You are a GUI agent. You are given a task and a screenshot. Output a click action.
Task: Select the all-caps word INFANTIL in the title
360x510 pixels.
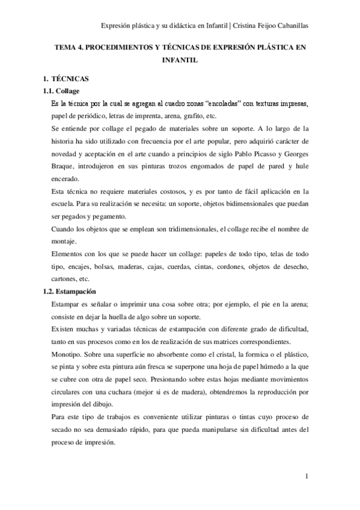click(x=180, y=61)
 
